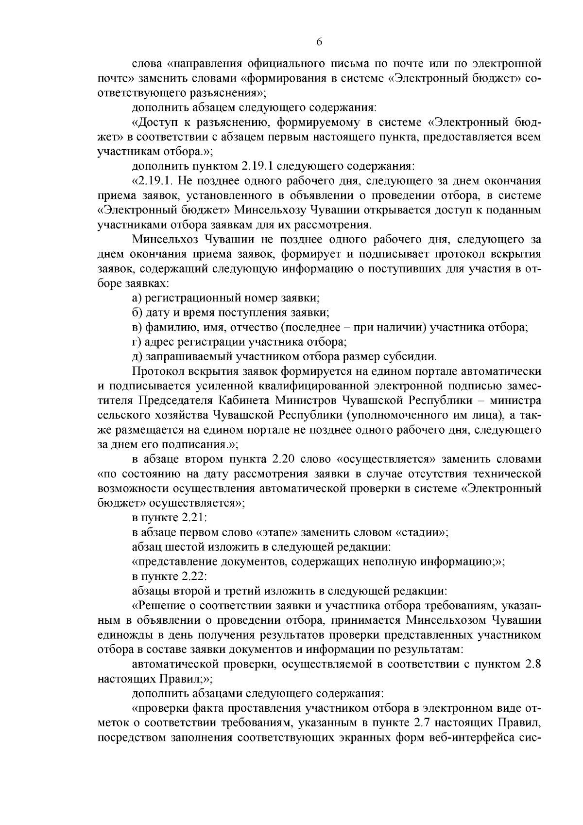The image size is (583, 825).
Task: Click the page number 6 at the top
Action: click(319, 42)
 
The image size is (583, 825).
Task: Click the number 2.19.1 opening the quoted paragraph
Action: click(154, 181)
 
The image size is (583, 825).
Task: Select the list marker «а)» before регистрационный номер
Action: click(137, 298)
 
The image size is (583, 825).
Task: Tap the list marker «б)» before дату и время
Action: click(137, 313)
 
